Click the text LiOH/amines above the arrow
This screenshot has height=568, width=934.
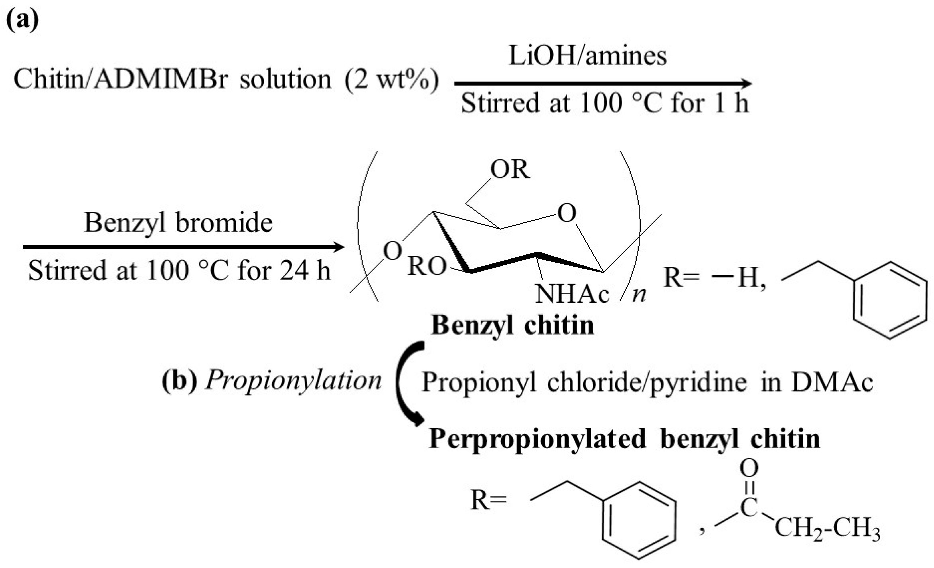(587, 56)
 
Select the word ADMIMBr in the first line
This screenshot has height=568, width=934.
(161, 79)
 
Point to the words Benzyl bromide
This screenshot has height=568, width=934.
(178, 222)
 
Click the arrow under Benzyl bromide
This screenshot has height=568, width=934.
(183, 247)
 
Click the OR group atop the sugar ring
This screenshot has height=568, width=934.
(510, 170)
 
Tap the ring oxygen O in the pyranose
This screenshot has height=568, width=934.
(567, 213)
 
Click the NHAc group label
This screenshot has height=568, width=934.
(572, 294)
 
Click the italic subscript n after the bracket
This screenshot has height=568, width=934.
(639, 295)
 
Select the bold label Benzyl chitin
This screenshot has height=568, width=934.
(512, 325)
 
